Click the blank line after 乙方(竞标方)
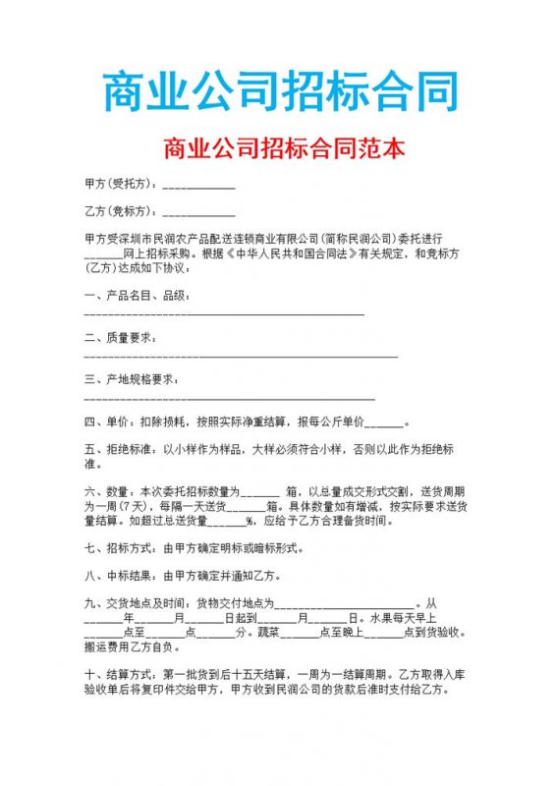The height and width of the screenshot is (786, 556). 198,213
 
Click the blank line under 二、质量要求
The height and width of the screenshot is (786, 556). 241,354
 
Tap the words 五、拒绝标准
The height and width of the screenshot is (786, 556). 118,449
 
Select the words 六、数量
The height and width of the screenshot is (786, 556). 106,491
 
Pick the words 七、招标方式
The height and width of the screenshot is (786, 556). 118,547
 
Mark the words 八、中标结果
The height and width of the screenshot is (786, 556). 118,576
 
